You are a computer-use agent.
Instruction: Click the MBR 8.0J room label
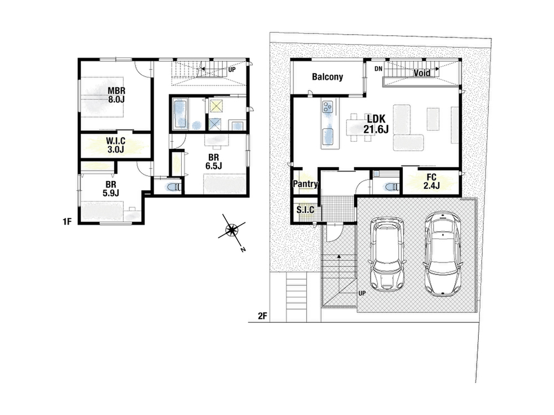click(116, 95)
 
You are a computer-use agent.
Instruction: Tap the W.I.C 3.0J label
click(116, 145)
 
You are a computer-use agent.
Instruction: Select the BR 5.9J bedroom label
click(111, 188)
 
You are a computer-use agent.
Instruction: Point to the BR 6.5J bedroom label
click(213, 161)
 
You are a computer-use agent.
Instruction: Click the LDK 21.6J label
click(376, 124)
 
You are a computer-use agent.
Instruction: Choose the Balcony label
click(328, 77)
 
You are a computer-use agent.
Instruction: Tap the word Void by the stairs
click(422, 73)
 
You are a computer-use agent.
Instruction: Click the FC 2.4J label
click(431, 182)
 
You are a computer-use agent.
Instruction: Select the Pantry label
click(306, 184)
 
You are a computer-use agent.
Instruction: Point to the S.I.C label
click(305, 210)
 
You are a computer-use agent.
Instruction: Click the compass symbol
click(232, 230)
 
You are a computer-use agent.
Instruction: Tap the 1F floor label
click(67, 222)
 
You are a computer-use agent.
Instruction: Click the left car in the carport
click(386, 254)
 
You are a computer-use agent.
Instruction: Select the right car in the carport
click(442, 254)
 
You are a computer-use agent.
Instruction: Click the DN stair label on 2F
click(379, 69)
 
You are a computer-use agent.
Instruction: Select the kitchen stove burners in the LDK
click(328, 106)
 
